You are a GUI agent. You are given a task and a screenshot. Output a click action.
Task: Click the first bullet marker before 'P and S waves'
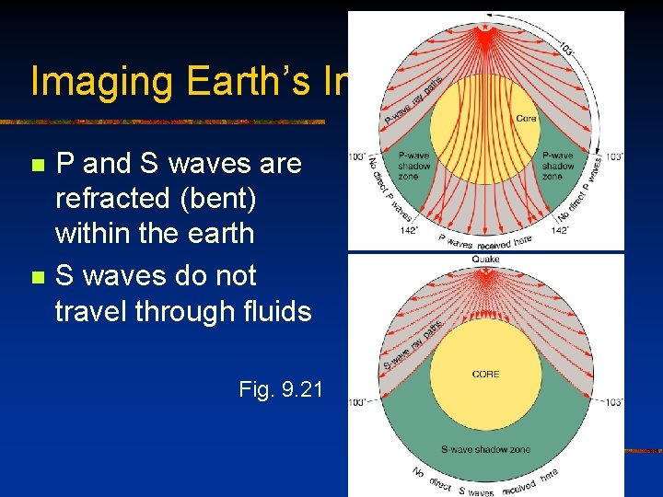37,166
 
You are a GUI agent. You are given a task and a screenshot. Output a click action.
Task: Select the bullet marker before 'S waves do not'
37,277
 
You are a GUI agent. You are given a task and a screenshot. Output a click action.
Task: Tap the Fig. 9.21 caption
280,389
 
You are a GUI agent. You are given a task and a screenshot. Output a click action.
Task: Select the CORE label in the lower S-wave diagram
485,374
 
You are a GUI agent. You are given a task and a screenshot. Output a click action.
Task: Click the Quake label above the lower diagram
485,260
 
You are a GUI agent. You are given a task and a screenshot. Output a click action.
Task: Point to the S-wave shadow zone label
485,449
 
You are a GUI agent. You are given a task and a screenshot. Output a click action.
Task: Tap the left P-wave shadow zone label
410,166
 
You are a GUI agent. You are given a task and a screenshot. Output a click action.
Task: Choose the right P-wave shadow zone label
559,166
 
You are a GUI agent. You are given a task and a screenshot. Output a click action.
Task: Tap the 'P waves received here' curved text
485,241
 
